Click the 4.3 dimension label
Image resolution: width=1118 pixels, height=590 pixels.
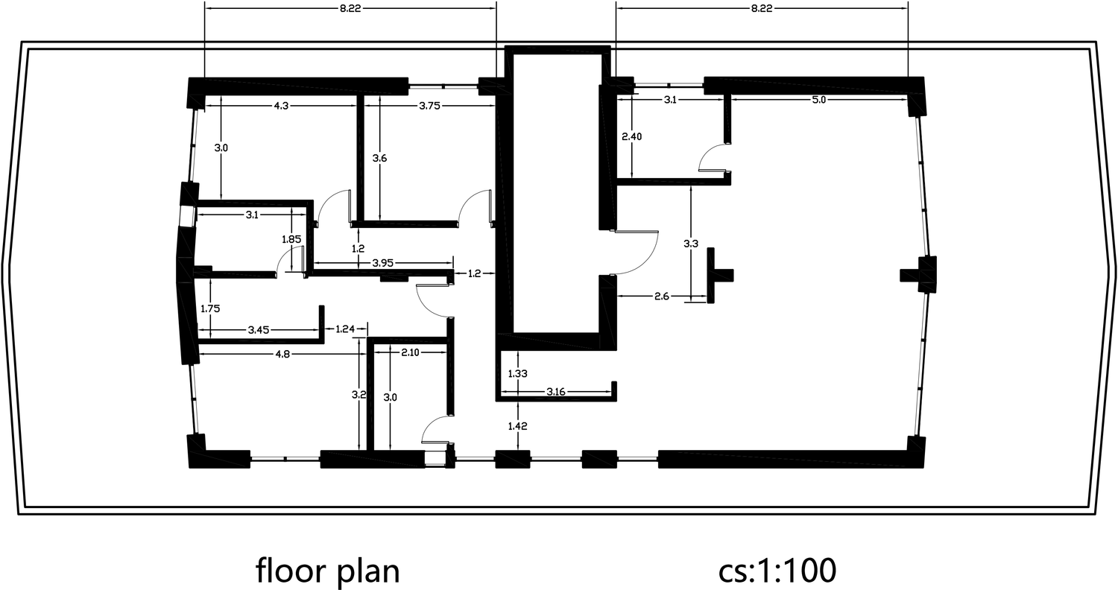(x=281, y=106)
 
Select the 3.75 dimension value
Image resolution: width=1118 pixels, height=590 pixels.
(x=429, y=106)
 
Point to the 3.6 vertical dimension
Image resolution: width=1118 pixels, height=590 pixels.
(x=379, y=159)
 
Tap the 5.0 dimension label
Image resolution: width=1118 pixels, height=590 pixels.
(x=818, y=100)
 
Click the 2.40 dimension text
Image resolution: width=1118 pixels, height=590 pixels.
(x=631, y=136)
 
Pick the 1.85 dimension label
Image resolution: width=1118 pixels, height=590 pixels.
(x=291, y=239)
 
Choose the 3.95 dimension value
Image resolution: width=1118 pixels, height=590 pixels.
(x=383, y=263)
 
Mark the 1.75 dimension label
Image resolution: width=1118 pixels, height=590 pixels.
(x=210, y=308)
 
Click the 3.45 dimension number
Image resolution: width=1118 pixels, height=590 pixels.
(x=259, y=330)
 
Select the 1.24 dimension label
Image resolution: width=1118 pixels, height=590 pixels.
(x=345, y=329)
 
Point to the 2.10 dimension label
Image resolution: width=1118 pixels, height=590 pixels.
(x=410, y=352)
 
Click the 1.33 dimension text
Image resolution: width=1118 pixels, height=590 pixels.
(x=517, y=373)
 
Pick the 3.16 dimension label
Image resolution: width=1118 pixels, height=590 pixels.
(x=555, y=392)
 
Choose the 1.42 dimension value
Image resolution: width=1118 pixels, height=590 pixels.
(x=517, y=426)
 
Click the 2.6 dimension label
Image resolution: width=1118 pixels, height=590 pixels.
(x=661, y=296)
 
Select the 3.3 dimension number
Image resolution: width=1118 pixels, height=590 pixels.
(x=691, y=244)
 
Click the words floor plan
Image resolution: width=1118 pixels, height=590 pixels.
(x=328, y=571)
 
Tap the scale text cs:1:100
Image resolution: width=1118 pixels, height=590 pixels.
(x=777, y=571)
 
